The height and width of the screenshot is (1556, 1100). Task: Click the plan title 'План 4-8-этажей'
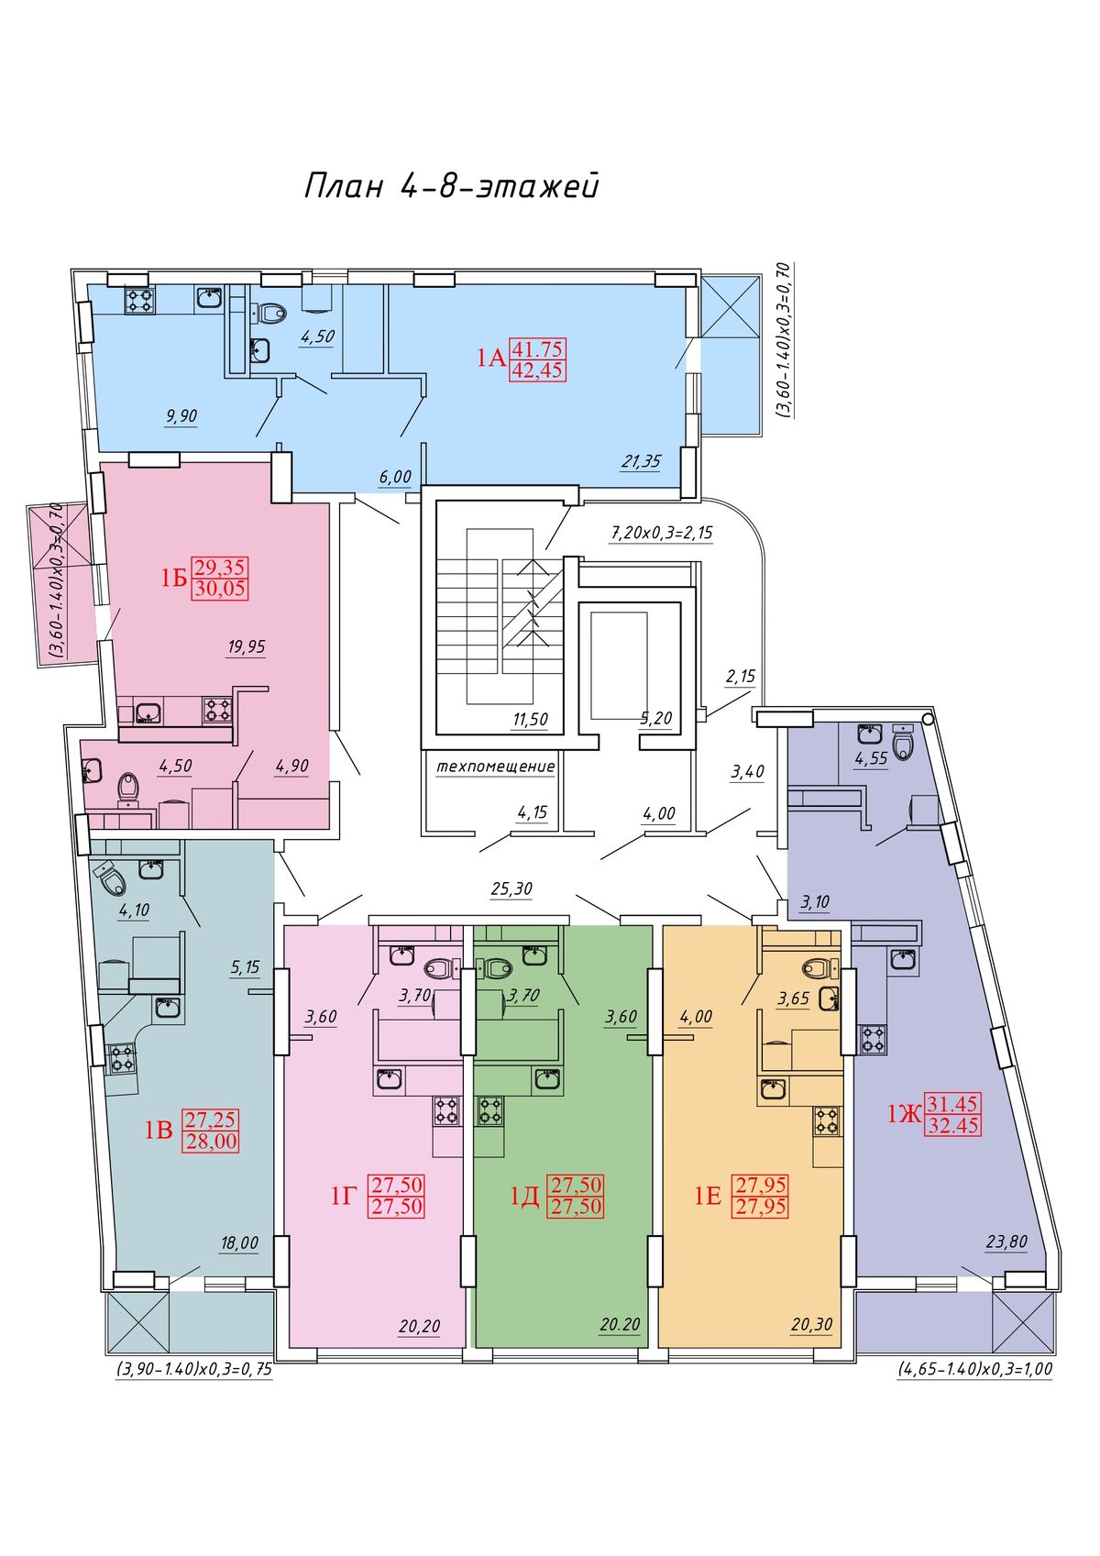pyautogui.click(x=452, y=187)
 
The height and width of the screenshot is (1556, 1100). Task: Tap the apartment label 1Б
pyautogui.click(x=174, y=578)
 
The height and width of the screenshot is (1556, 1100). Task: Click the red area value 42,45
pyautogui.click(x=537, y=370)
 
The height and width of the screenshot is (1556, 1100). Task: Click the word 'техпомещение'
pyautogui.click(x=495, y=767)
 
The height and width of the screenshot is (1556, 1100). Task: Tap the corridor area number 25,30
pyautogui.click(x=511, y=888)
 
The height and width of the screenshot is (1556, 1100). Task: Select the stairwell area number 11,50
pyautogui.click(x=530, y=720)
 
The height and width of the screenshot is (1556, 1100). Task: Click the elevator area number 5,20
pyautogui.click(x=655, y=718)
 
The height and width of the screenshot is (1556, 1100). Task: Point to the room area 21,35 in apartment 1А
pyautogui.click(x=640, y=461)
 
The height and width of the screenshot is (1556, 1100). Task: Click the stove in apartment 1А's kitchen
pyautogui.click(x=140, y=300)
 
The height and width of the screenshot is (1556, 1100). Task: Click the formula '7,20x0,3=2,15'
pyautogui.click(x=662, y=534)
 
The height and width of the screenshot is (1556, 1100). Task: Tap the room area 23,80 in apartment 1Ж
pyautogui.click(x=1006, y=1241)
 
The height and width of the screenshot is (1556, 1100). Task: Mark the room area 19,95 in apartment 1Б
pyautogui.click(x=246, y=646)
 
